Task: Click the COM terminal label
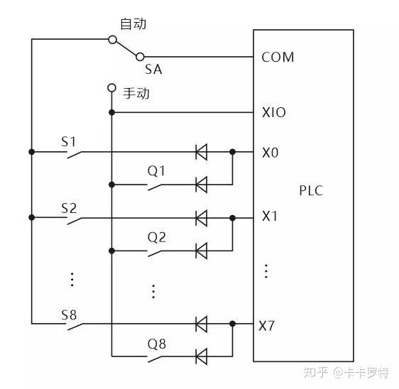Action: point(278,57)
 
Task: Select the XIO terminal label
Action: point(274,112)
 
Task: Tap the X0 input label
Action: point(270,151)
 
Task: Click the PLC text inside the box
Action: point(311,190)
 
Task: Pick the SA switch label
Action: point(153,69)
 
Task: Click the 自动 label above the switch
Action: point(133,24)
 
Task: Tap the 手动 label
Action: point(137,92)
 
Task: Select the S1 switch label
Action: point(68,141)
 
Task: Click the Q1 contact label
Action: point(156,170)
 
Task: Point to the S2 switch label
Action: point(68,208)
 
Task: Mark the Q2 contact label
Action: point(156,236)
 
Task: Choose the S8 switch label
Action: point(68,314)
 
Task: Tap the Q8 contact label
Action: point(156,344)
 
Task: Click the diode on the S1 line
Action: point(201,151)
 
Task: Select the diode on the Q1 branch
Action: point(201,185)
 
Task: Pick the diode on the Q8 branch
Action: point(201,356)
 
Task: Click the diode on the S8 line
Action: point(201,324)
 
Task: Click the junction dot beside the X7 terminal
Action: point(233,324)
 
